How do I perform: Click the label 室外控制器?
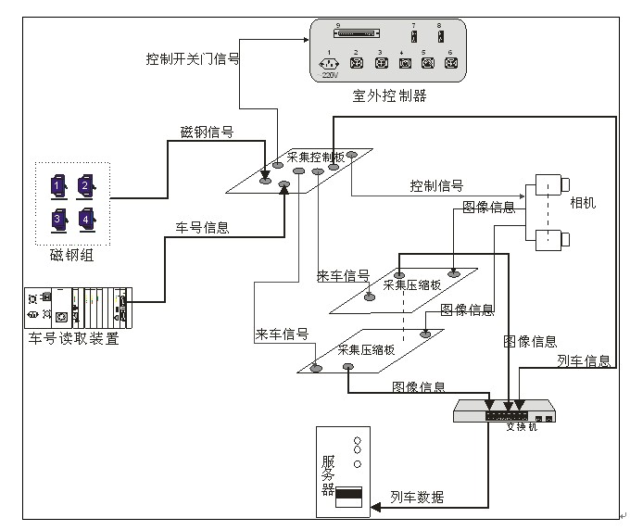(389, 95)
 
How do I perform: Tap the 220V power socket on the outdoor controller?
(330, 64)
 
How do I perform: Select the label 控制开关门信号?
(192, 58)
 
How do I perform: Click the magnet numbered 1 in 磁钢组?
(57, 187)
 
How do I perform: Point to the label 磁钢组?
(71, 255)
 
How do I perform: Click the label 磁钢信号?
(207, 132)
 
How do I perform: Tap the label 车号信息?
(203, 227)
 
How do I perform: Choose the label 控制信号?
(437, 185)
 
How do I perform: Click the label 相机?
(583, 203)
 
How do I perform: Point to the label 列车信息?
(584, 360)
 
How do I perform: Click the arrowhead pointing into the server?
(375, 507)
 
